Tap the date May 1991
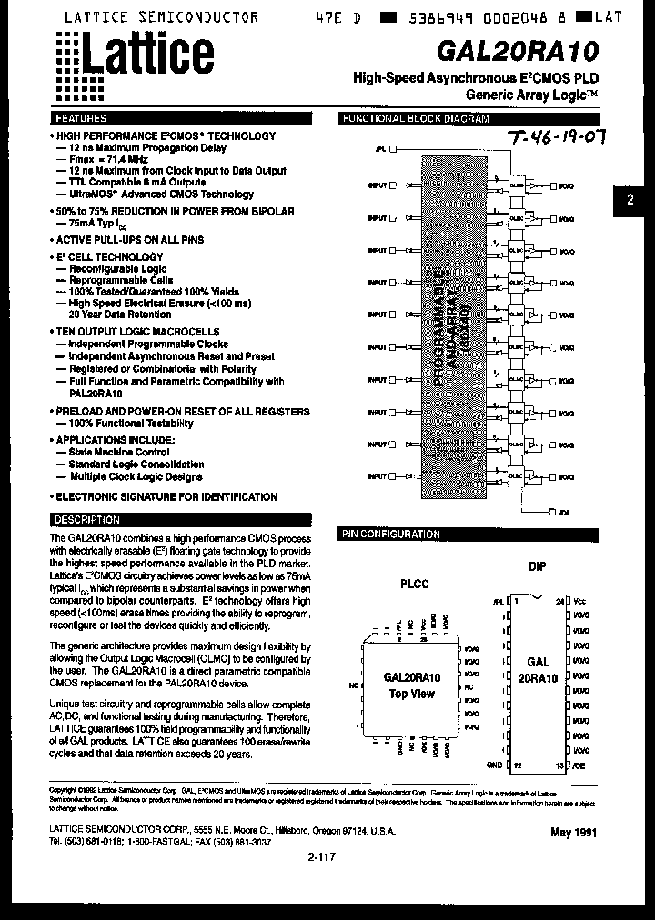point(573,833)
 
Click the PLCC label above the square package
point(414,584)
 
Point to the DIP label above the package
point(538,566)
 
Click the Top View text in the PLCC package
point(412,694)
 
